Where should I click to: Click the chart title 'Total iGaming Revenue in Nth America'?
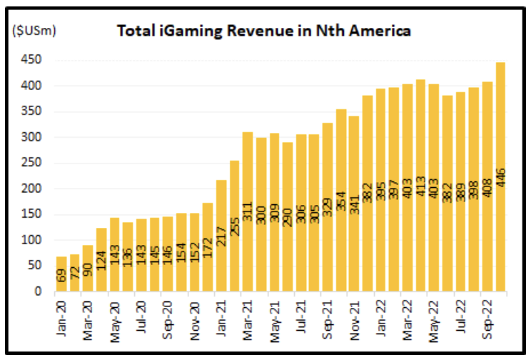click(263, 31)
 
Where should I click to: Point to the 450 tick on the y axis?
click(35, 60)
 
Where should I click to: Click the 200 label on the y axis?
click(35, 189)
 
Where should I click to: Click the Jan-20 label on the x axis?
click(61, 311)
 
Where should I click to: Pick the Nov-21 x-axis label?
click(355, 311)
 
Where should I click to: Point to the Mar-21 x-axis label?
click(248, 311)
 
